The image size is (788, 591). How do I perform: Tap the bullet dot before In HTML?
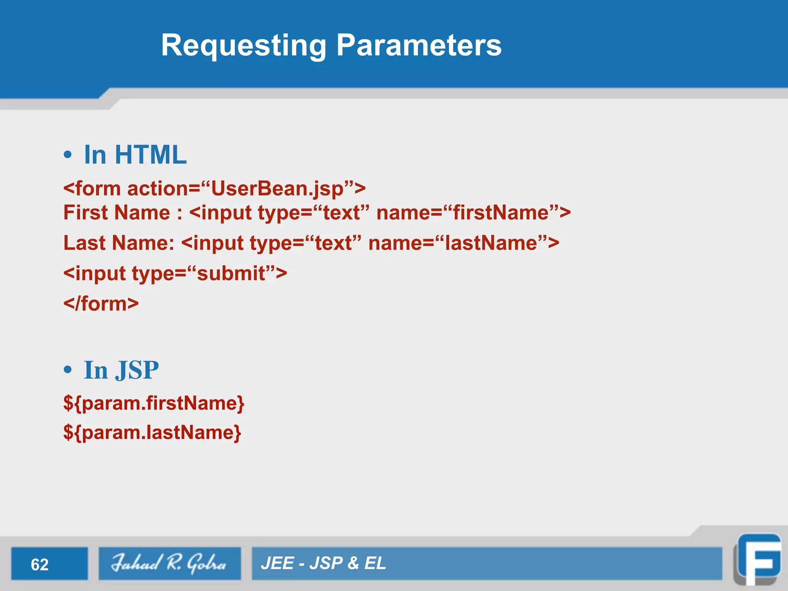pos(68,155)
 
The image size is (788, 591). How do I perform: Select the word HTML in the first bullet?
pos(150,155)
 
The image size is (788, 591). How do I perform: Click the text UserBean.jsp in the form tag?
pos(277,189)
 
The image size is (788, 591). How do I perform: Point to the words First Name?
pos(117,213)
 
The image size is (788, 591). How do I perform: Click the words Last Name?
pos(119,243)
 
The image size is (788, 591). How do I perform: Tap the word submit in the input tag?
pos(231,274)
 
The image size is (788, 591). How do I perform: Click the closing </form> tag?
pos(101,304)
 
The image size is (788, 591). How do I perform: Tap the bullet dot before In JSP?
pos(68,370)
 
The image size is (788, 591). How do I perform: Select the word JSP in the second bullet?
pos(137,370)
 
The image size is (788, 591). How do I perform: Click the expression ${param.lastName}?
pos(152,433)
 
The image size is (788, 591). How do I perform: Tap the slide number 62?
pos(40,564)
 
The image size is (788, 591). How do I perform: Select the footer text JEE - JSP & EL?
pos(323,563)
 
